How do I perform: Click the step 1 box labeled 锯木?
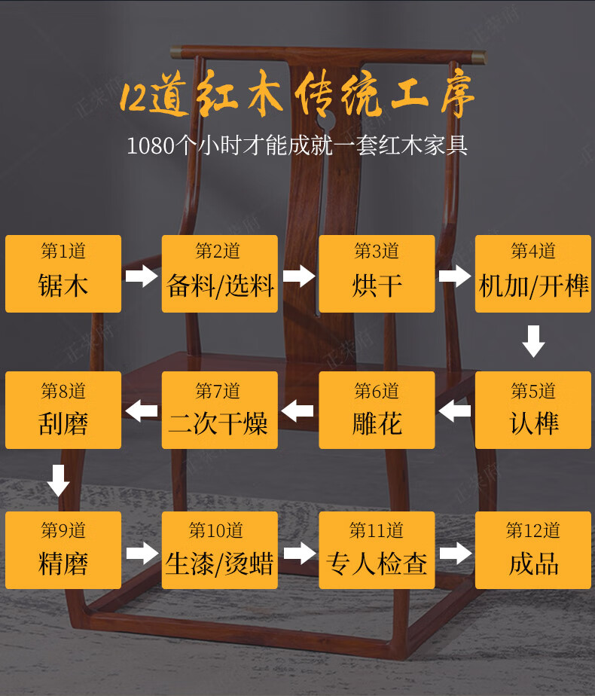tap(63, 273)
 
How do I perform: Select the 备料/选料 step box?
tap(220, 273)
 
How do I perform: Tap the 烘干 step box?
tap(377, 273)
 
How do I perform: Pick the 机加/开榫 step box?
tap(533, 273)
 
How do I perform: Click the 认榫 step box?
tap(533, 411)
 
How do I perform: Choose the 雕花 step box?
tap(377, 411)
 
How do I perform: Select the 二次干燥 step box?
tap(220, 411)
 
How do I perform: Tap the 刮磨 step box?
tap(63, 411)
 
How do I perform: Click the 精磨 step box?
tap(63, 551)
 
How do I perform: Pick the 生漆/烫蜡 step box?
tap(220, 551)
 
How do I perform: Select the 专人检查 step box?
tap(377, 551)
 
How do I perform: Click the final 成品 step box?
tap(533, 551)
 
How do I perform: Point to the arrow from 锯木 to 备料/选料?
tap(142, 276)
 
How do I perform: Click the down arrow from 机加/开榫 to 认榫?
tap(533, 341)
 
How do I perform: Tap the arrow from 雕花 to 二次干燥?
tap(298, 411)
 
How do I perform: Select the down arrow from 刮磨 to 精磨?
tap(58, 480)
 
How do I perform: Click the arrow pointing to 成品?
tap(455, 554)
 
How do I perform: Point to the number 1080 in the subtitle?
tap(150, 145)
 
